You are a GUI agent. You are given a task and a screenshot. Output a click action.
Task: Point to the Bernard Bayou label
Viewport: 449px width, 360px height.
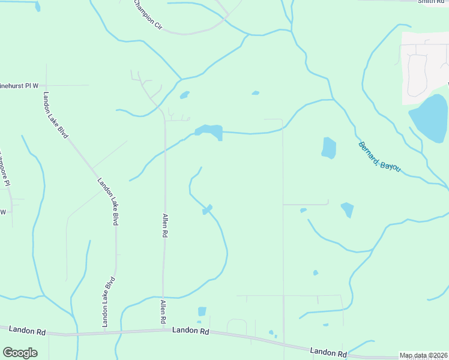(x=379, y=157)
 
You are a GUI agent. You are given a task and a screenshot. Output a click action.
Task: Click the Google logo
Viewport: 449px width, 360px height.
(x=20, y=353)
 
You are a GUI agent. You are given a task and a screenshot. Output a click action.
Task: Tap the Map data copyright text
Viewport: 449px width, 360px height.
(x=423, y=355)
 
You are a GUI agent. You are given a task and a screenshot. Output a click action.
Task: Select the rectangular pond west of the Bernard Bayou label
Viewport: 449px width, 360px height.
(x=328, y=148)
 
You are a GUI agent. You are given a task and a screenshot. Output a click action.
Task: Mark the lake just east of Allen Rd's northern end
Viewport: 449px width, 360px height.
(x=209, y=131)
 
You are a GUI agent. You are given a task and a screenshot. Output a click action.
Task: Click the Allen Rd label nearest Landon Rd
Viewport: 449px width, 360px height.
(x=162, y=313)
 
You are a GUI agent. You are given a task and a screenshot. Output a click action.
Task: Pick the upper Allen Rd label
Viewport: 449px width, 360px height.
(x=163, y=225)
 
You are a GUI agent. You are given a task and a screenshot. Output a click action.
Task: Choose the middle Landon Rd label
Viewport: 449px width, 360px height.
(x=190, y=331)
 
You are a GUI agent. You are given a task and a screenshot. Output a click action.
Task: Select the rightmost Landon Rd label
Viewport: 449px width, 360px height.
(x=328, y=352)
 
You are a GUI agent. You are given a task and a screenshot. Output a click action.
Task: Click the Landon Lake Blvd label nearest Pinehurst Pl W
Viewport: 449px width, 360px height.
(x=56, y=115)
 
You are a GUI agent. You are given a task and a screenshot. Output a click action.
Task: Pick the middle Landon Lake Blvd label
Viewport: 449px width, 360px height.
(x=107, y=202)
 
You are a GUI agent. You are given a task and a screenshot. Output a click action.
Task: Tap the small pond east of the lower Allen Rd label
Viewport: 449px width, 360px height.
(x=202, y=311)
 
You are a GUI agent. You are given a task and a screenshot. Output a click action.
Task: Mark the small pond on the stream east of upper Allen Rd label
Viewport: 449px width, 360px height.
(x=208, y=209)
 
